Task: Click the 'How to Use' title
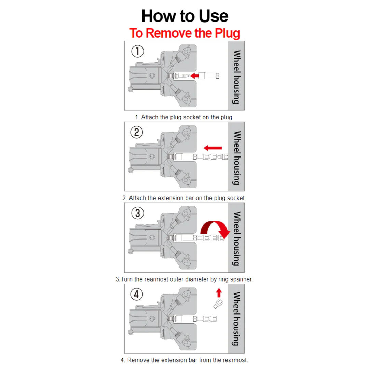184,16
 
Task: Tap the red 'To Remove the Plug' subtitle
185,33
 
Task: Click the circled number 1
138,51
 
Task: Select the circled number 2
137,132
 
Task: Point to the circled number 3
138,213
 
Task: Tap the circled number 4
137,294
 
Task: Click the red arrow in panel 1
194,76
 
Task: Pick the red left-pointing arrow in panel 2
213,148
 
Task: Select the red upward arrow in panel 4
219,293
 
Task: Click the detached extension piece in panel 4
218,304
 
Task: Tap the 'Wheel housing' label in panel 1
236,77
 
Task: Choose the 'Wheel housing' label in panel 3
236,238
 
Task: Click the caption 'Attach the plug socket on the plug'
184,117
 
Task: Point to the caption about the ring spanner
184,279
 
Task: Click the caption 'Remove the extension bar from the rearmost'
184,360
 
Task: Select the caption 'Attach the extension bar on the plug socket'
184,198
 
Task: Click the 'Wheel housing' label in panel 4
236,319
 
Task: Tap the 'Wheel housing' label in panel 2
236,158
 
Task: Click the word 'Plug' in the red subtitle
227,33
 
